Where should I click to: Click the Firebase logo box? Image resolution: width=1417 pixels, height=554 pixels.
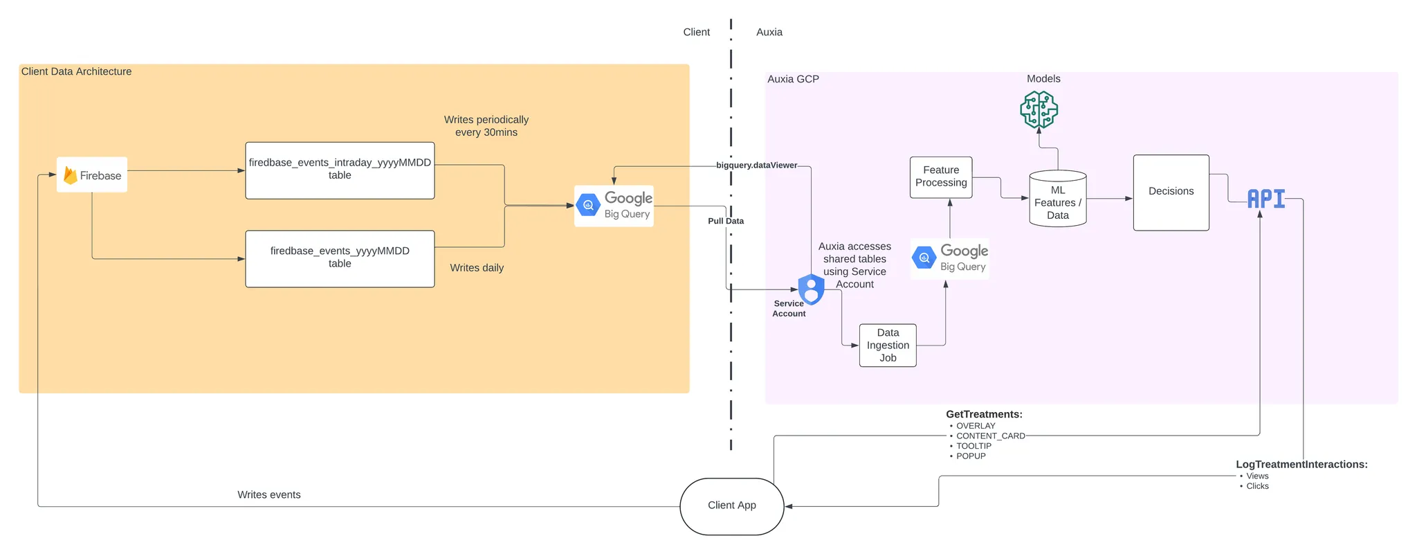pos(92,175)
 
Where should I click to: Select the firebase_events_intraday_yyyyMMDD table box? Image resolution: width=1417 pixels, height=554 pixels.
pos(340,170)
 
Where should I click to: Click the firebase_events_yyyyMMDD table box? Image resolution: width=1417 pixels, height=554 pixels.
pos(340,258)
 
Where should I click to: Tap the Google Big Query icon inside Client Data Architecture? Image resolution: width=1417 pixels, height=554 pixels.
pos(614,206)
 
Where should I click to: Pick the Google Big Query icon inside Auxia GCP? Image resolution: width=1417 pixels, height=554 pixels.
pos(949,258)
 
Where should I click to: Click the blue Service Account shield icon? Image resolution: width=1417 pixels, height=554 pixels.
pos(811,289)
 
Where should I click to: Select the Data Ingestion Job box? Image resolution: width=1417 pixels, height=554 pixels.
pos(888,345)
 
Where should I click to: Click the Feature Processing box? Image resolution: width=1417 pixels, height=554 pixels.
pos(941,177)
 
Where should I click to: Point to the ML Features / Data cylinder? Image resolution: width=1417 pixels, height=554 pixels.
pos(1057,200)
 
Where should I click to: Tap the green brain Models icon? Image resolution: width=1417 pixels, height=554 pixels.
pos(1039,110)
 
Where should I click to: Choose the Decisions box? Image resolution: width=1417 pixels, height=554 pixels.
pos(1171,192)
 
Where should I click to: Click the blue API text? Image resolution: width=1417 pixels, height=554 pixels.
pos(1265,199)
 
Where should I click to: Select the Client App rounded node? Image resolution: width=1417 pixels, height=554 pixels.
pos(731,506)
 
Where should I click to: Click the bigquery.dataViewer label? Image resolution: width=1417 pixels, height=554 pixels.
pos(756,166)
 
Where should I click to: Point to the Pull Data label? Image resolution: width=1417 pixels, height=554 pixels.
pos(725,221)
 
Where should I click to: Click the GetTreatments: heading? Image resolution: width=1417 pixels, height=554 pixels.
pos(984,414)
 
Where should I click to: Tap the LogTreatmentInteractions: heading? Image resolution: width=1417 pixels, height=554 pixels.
pos(1301,465)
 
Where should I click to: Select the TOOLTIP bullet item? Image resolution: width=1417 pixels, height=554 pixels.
pos(973,446)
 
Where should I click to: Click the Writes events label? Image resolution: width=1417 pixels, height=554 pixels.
pos(268,494)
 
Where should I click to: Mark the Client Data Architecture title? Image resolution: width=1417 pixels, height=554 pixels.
pos(76,71)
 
